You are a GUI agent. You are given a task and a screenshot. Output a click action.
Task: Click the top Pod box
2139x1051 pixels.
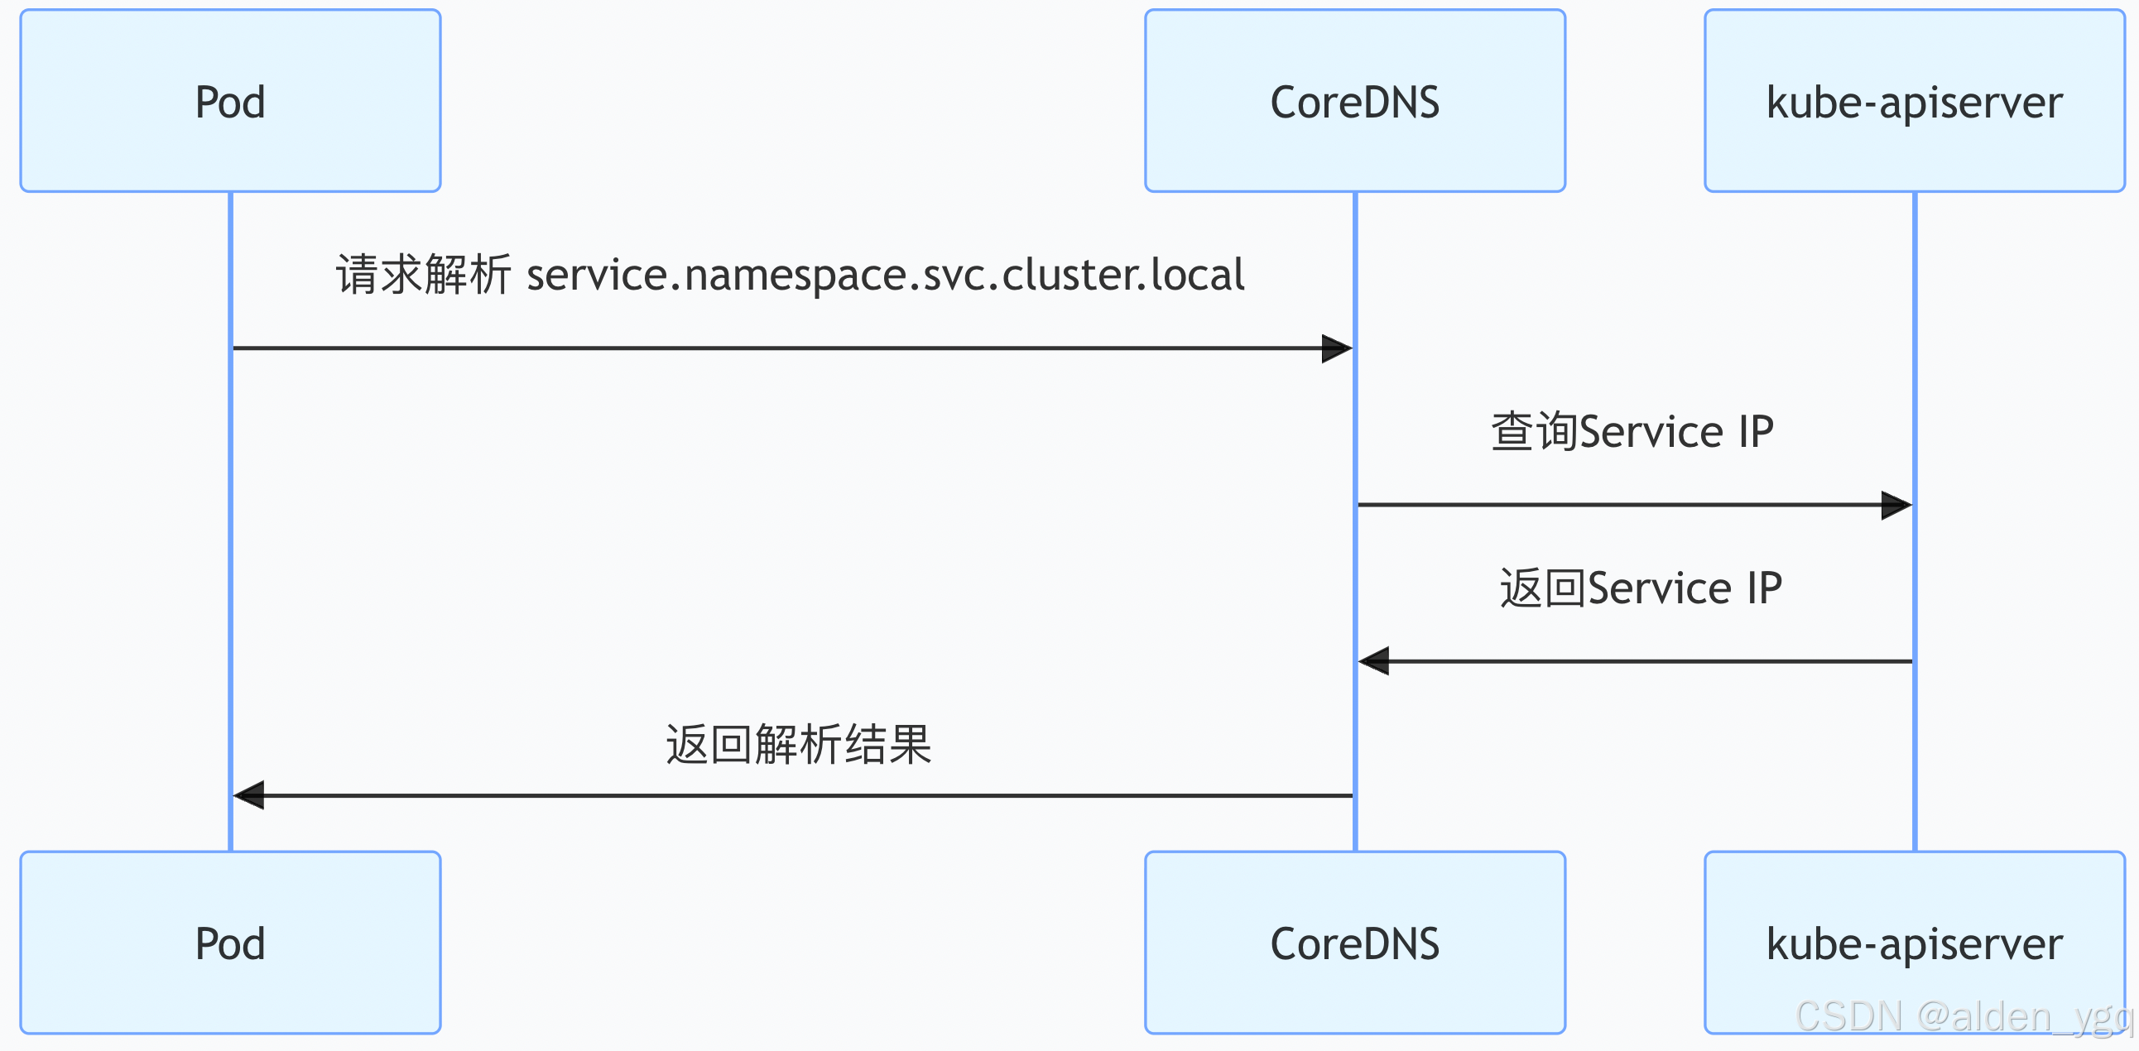click(x=230, y=101)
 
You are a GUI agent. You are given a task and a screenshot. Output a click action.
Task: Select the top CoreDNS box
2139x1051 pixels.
click(x=1354, y=101)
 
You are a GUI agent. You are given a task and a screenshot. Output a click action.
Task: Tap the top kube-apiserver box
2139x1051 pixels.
click(x=1914, y=101)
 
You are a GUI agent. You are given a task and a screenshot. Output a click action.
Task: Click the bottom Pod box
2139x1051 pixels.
click(x=230, y=943)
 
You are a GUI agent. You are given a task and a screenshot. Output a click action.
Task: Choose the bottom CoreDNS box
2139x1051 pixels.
click(x=1354, y=943)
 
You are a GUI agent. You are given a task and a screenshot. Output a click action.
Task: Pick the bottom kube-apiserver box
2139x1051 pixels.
click(x=1914, y=943)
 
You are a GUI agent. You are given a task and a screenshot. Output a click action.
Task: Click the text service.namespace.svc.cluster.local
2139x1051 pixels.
click(x=885, y=276)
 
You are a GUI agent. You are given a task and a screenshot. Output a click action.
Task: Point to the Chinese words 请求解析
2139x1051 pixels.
click(x=423, y=276)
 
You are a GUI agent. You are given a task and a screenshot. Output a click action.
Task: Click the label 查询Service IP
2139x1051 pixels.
click(x=1632, y=432)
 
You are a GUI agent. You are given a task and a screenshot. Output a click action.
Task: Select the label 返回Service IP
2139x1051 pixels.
click(x=1640, y=588)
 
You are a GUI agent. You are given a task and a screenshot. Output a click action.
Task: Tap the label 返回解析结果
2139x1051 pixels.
click(x=798, y=744)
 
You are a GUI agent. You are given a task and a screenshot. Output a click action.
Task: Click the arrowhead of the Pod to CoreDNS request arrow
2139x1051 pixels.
click(x=1337, y=348)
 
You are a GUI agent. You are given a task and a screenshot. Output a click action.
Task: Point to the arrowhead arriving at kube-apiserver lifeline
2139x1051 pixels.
click(x=1896, y=505)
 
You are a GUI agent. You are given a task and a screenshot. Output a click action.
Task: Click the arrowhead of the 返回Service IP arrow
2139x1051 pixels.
click(x=1374, y=662)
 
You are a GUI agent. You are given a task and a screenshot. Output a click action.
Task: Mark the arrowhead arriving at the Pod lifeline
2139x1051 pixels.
click(x=249, y=795)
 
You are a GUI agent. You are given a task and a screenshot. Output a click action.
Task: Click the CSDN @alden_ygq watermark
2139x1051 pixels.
click(x=1963, y=1016)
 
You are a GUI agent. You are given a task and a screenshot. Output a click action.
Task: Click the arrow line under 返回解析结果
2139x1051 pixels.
click(x=797, y=795)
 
